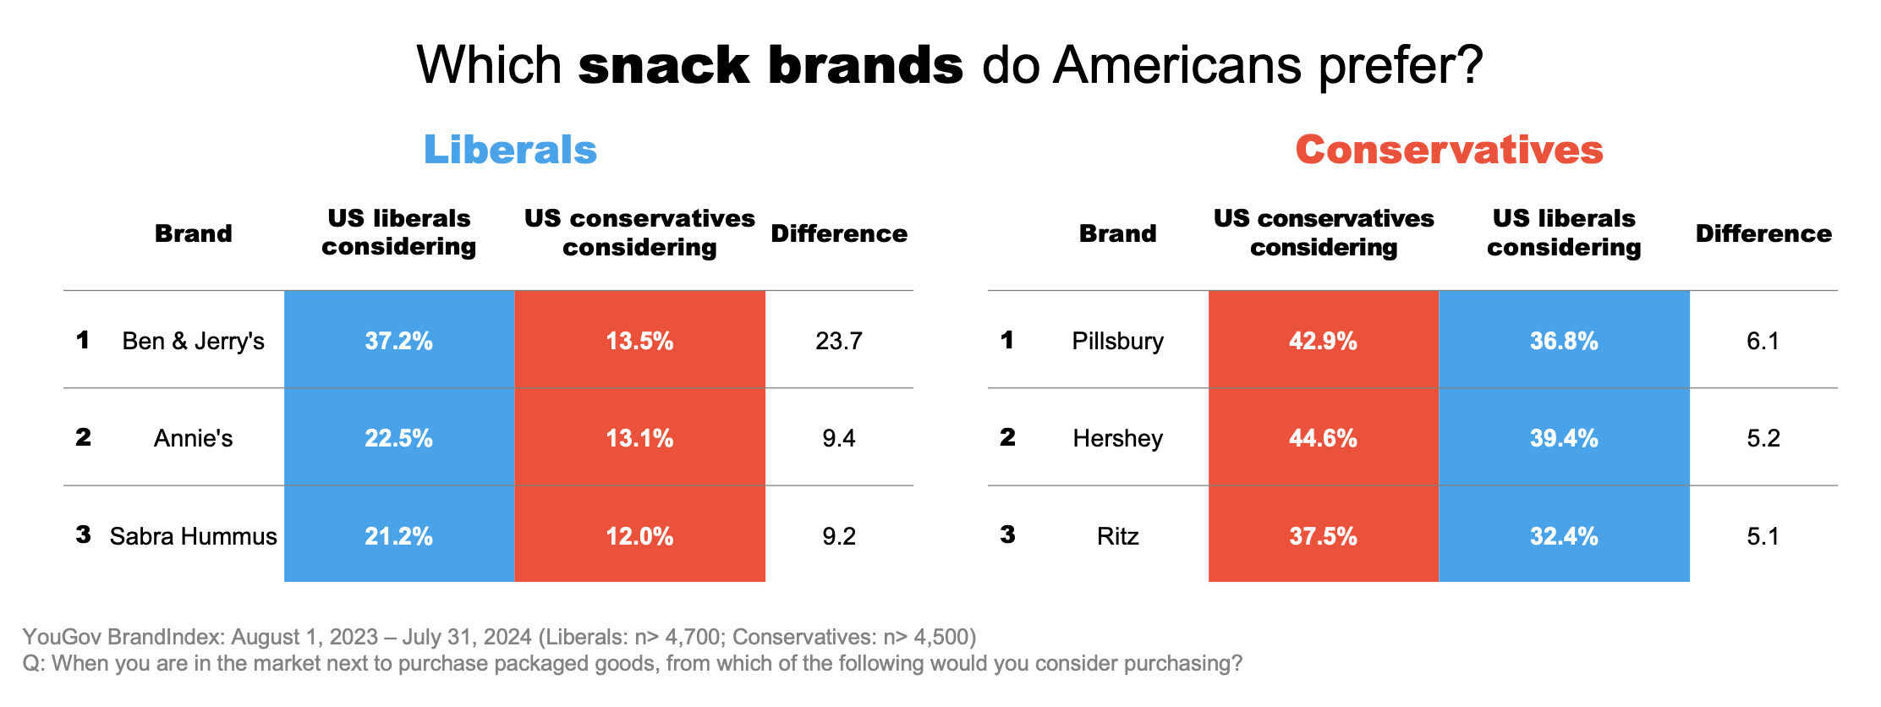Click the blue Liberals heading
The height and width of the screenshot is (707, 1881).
(510, 150)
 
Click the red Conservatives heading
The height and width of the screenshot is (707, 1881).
(1449, 150)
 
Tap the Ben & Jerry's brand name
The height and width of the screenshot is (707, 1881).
(193, 341)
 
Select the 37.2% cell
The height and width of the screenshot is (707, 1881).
(398, 341)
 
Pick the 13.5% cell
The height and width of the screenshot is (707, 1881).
(639, 341)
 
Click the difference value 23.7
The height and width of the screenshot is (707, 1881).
(838, 341)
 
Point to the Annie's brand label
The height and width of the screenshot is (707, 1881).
(193, 438)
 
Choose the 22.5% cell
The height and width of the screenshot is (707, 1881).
(398, 438)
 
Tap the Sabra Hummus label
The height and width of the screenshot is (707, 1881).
(193, 536)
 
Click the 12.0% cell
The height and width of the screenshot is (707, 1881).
(639, 536)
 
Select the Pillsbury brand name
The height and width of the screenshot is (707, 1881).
(1117, 341)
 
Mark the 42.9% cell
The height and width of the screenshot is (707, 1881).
(1323, 341)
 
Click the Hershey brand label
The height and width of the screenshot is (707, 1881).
(1117, 438)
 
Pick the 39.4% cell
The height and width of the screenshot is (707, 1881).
(1564, 438)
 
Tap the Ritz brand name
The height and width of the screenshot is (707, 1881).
(1117, 536)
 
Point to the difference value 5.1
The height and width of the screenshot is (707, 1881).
(1763, 536)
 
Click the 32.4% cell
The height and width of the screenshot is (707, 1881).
(1564, 536)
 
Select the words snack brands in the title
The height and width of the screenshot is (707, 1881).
(770, 65)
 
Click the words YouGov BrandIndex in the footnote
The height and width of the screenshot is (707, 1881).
(123, 637)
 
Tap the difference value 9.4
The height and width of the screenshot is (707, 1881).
(838, 438)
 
